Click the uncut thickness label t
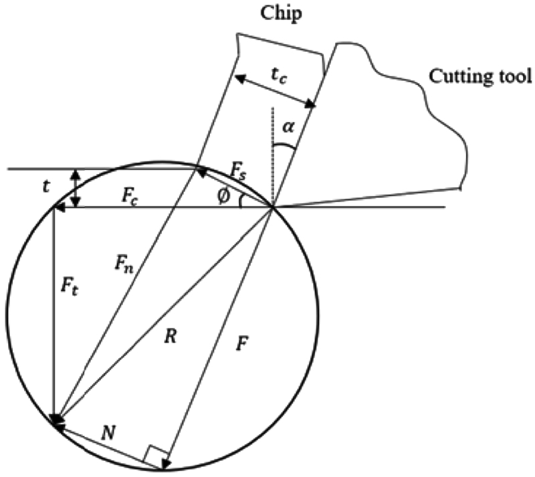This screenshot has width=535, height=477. (46, 189)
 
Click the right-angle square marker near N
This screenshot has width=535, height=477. (152, 455)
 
